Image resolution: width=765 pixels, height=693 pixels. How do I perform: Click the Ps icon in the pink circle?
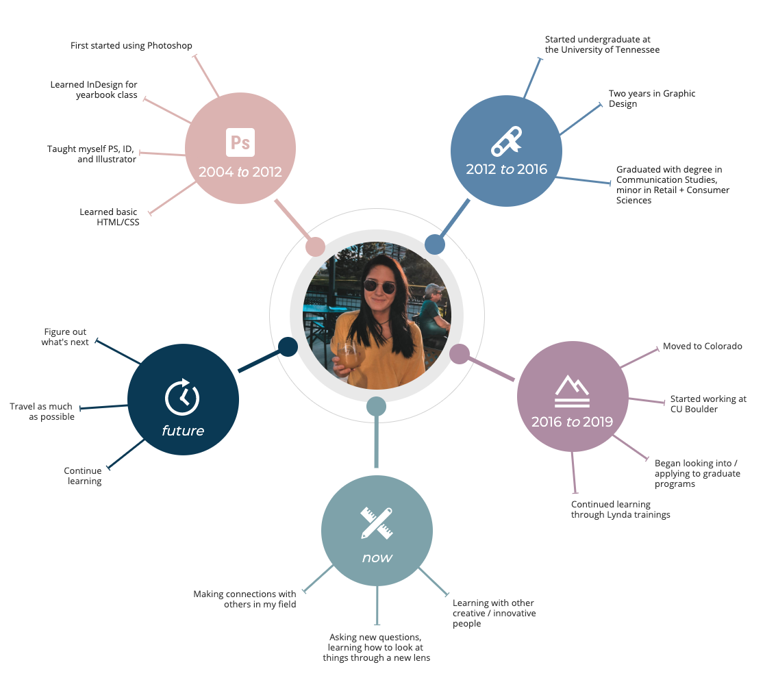pos(240,142)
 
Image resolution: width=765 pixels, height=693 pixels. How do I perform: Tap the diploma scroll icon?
pos(506,142)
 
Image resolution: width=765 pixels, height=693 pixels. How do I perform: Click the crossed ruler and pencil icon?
pos(377,523)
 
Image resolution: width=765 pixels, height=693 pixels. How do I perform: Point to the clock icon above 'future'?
pos(182,397)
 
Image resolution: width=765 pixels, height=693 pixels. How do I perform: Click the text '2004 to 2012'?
pos(240,172)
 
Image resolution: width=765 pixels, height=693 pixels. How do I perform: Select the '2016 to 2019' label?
pos(572,421)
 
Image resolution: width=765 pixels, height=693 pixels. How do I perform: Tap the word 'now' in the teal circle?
pos(377,557)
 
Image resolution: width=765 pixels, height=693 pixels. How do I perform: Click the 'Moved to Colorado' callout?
pos(702,346)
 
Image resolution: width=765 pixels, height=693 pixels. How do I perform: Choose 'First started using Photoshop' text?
pos(131,45)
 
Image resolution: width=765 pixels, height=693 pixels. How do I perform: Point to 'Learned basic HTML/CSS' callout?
pos(110,217)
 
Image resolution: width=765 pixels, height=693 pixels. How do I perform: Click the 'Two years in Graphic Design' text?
pos(652,99)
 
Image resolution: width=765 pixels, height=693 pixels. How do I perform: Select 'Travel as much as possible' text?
pos(42,412)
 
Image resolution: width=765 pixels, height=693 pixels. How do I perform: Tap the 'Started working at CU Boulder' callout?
pos(708,404)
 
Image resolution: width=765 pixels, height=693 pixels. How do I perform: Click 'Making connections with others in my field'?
pos(244,599)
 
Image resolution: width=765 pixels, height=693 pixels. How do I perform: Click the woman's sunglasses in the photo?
pos(379,287)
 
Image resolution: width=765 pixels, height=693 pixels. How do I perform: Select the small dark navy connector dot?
pos(288,346)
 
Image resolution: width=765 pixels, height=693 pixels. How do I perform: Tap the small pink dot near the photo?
pos(315,247)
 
